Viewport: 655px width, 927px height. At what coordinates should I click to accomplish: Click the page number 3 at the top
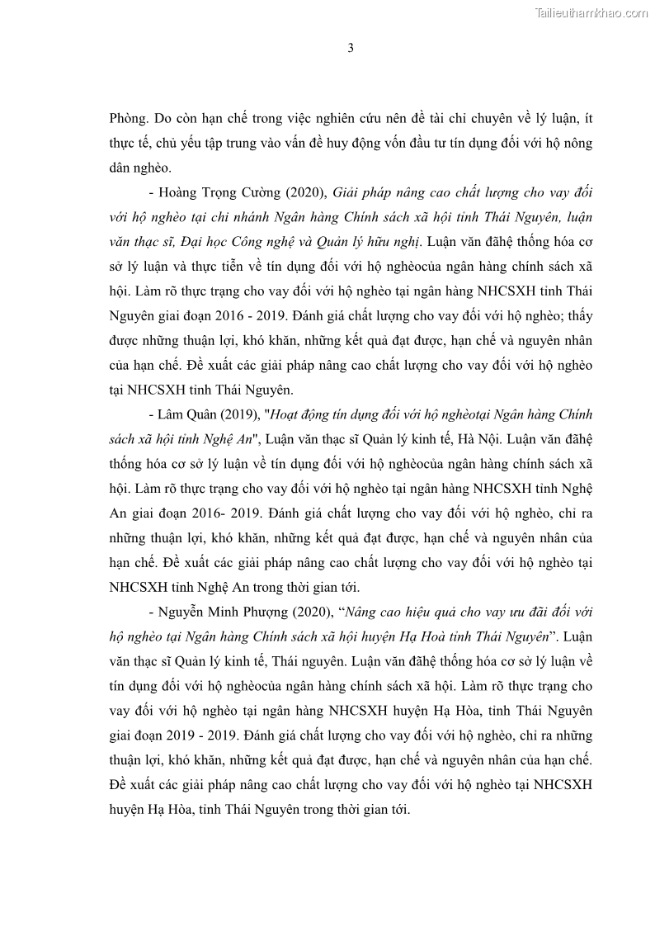coord(351,48)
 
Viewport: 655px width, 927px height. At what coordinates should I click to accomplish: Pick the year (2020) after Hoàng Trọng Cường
coord(305,192)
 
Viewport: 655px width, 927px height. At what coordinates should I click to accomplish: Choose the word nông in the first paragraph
coord(576,144)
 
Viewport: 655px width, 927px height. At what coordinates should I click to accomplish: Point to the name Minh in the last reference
coord(214,613)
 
